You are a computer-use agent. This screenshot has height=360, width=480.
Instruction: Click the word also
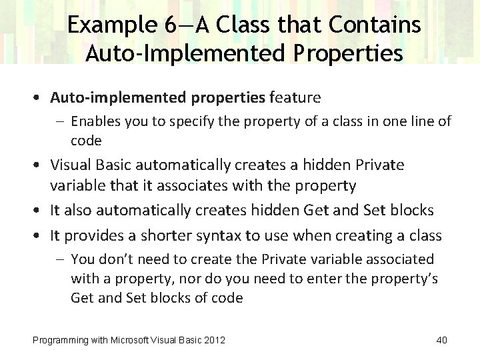tap(79, 210)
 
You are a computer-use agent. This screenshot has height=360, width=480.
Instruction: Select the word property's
tap(406, 278)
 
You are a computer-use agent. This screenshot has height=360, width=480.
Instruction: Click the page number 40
tap(441, 341)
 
